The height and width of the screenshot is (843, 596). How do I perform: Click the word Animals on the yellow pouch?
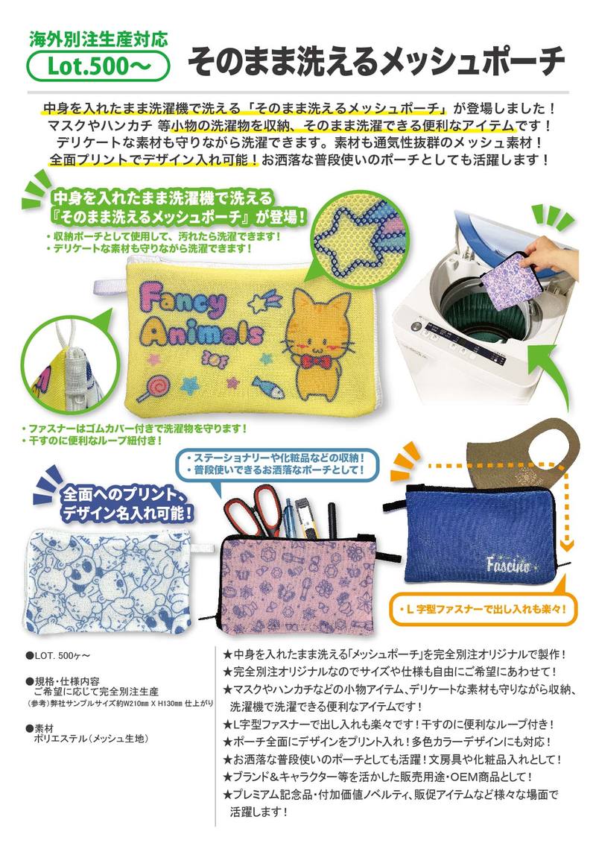[203, 333]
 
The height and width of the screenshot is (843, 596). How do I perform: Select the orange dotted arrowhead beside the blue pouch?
[565, 544]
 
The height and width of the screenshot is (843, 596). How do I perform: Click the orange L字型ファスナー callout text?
[482, 610]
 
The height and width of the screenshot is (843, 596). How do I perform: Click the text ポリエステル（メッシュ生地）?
[91, 739]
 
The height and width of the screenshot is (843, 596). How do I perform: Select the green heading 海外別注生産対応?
[98, 40]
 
